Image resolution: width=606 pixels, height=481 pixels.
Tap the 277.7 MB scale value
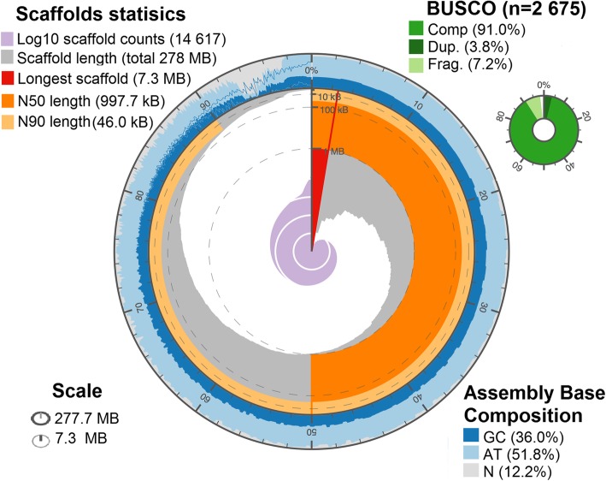click(x=93, y=419)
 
